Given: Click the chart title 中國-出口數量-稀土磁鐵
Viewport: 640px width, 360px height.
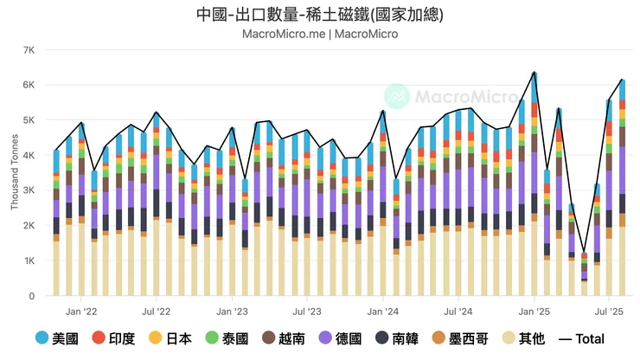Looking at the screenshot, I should click(x=319, y=15).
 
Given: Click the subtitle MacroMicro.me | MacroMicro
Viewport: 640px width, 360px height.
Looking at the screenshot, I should click(x=319, y=35).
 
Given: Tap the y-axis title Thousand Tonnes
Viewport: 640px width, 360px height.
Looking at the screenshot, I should click(x=14, y=172).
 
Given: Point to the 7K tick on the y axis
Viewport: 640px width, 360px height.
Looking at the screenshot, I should click(x=28, y=49).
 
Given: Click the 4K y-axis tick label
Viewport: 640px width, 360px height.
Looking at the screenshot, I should click(x=28, y=156).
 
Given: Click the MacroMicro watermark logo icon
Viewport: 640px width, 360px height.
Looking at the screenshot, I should click(x=397, y=96).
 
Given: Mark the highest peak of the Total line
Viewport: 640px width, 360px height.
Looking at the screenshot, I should click(x=534, y=73).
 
